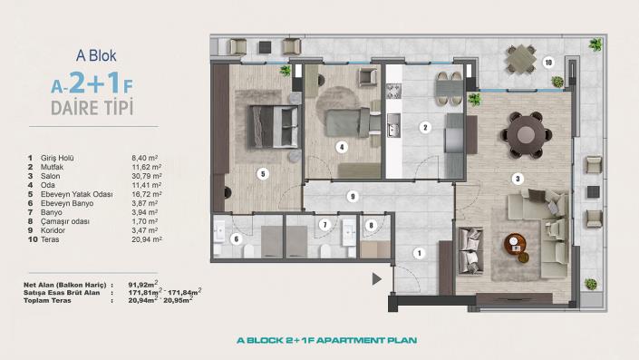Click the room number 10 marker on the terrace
click(x=548, y=63)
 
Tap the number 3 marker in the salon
click(x=518, y=179)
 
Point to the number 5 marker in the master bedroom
click(x=262, y=173)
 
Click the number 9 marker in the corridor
click(x=353, y=196)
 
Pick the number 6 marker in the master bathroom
click(x=236, y=239)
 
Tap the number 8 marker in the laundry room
click(x=324, y=224)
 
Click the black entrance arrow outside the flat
click(x=371, y=224)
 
